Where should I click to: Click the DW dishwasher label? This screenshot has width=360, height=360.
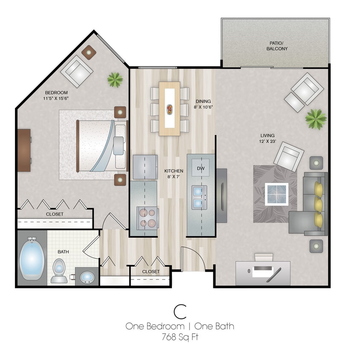point(201,169)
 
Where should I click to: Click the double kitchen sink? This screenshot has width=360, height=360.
point(200,197)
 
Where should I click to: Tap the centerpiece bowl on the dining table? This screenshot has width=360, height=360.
point(169,109)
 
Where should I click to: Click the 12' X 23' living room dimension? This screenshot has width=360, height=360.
point(268,139)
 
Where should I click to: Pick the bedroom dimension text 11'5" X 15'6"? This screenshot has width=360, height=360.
point(56,96)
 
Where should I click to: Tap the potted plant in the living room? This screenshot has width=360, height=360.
point(316,119)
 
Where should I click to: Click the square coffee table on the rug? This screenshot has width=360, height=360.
point(276,193)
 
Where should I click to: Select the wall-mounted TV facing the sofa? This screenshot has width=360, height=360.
point(221,195)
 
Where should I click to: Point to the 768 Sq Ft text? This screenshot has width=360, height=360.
point(180,337)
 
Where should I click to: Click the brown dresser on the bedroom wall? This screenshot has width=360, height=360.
point(24,150)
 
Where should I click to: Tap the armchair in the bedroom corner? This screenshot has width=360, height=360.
point(77,71)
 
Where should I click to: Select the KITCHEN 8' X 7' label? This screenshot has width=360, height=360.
point(174,174)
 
